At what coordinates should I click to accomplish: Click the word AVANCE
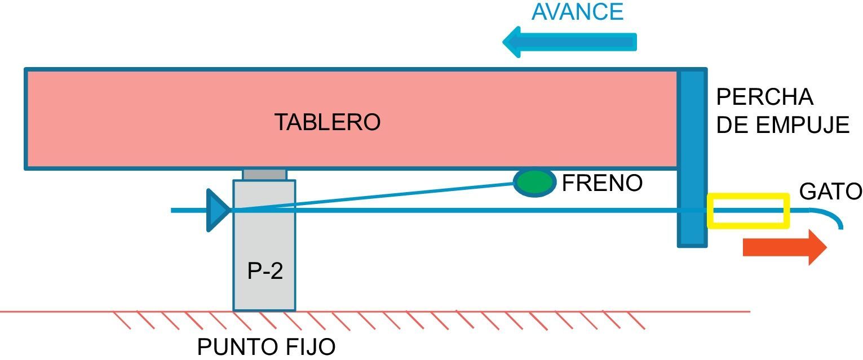pos(577,12)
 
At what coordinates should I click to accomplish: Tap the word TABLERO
pos(327,122)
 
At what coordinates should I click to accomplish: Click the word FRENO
pos(602,183)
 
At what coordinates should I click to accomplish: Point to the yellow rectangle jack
pos(747,211)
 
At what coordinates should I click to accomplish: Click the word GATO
pos(830,192)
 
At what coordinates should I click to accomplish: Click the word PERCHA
pos(764,97)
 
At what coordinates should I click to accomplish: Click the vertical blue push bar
pos(692,158)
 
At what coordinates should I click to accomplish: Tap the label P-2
pos(265,272)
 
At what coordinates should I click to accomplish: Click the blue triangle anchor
pos(218,210)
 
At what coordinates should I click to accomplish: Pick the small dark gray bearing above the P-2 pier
pos(264,174)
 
